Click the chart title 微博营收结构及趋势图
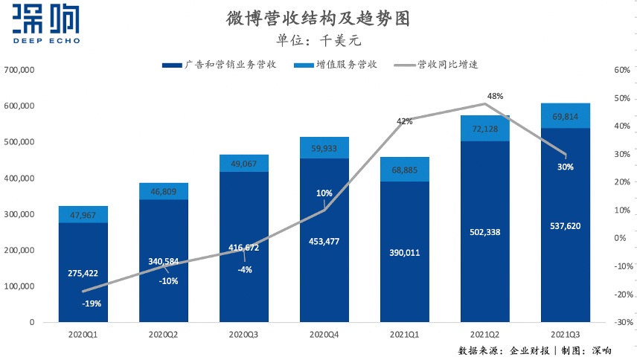(318, 18)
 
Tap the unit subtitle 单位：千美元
(318, 40)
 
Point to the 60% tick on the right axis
(621, 71)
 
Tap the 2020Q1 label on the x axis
(83, 335)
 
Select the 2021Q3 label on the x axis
(565, 335)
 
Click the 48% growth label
(495, 96)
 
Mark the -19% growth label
(92, 303)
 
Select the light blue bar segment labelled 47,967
(83, 214)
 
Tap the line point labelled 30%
(566, 155)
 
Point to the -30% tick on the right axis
(621, 322)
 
